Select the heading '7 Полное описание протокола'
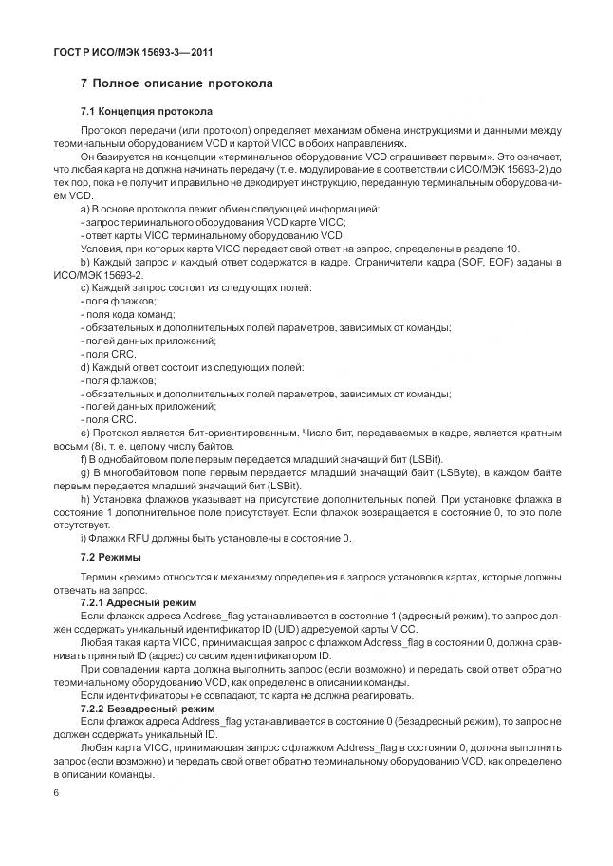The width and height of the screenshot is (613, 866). [177, 84]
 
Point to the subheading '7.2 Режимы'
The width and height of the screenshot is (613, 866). [111, 557]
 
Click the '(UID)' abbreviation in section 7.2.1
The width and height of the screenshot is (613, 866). [305, 630]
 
